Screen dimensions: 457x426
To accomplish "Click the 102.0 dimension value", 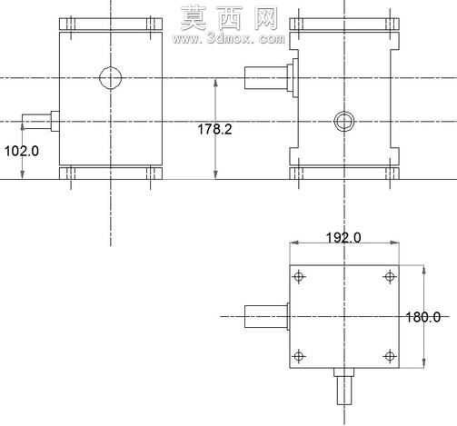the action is pyautogui.click(x=22, y=151).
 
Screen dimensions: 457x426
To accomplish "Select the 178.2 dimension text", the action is pyautogui.click(x=214, y=129).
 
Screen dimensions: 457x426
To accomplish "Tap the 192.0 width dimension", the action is pyautogui.click(x=343, y=237).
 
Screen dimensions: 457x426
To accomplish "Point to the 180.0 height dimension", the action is pyautogui.click(x=422, y=317).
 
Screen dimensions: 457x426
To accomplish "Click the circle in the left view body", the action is pyautogui.click(x=99, y=77).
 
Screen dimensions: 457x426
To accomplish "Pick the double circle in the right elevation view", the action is pyautogui.click(x=333, y=121).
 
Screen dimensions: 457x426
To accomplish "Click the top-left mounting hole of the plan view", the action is pyautogui.click(x=299, y=276).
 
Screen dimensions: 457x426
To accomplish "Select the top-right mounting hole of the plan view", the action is pyautogui.click(x=390, y=276).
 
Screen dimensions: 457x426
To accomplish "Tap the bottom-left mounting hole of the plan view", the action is pyautogui.click(x=299, y=356).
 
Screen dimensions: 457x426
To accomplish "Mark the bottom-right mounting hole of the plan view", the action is pyautogui.click(x=390, y=356).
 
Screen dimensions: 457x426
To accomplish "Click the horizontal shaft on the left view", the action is pyautogui.click(x=36, y=122).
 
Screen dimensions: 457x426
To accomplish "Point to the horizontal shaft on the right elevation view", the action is pyautogui.click(x=266, y=77).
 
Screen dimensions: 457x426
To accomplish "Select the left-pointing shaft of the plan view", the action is pyautogui.click(x=266, y=316).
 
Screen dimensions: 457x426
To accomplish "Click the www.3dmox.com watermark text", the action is pyautogui.click(x=229, y=39).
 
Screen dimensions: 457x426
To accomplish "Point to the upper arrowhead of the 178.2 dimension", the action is pyautogui.click(x=215, y=83).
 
